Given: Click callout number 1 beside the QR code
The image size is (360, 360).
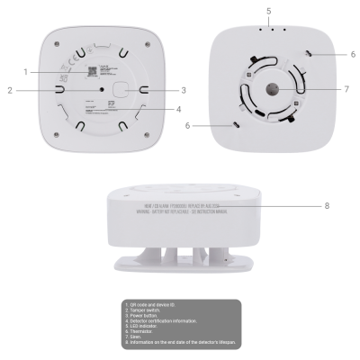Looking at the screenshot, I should pos(27,70).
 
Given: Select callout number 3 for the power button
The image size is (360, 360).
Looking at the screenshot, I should pos(183,90).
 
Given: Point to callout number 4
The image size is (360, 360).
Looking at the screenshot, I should pos(179,110).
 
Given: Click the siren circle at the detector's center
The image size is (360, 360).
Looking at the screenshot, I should pos(271,90).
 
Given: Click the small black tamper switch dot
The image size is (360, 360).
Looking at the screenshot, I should pos(103,90).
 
